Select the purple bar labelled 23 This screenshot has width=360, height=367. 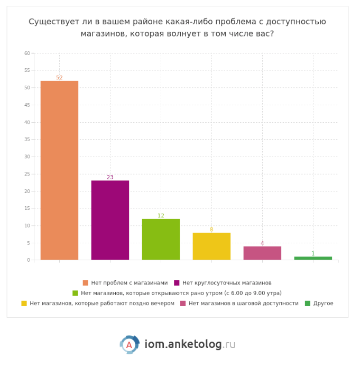[x=110, y=220]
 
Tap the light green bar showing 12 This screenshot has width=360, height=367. [x=161, y=239]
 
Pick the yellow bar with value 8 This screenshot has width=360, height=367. [x=211, y=246]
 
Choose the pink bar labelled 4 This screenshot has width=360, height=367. [x=262, y=253]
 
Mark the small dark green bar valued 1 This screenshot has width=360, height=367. [x=313, y=258]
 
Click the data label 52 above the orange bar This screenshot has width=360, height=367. [x=59, y=78]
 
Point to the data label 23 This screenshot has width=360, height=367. [x=110, y=178]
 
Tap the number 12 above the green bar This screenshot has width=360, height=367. [x=161, y=216]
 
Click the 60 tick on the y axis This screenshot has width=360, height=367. [x=27, y=53]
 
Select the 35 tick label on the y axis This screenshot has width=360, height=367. [x=27, y=140]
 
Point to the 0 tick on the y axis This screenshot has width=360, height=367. [x=29, y=260]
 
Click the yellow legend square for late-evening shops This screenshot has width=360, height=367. [x=24, y=304]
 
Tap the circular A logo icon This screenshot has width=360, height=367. [x=129, y=345]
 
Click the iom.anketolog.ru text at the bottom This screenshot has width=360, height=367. [x=190, y=345]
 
